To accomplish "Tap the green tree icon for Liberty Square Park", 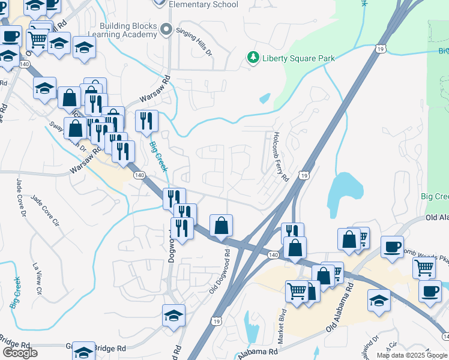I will [253, 58].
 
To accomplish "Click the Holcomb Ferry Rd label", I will [280, 157].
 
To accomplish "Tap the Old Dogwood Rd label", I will [220, 271].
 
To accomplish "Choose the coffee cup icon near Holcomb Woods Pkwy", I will [392, 247].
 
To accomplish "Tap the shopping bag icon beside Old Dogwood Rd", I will [221, 226].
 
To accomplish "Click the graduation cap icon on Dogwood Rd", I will [173, 315].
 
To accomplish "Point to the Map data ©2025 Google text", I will [412, 355].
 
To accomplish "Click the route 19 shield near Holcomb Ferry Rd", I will [305, 175].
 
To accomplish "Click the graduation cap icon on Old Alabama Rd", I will [379, 301].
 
